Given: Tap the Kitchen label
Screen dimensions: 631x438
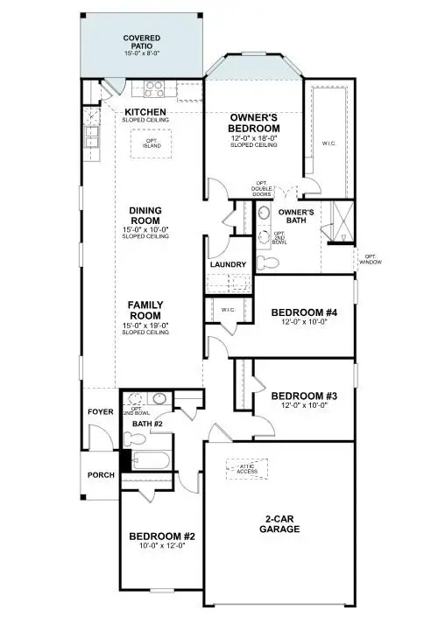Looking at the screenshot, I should [x=146, y=112].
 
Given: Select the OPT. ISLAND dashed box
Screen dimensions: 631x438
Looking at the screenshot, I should [x=145, y=144].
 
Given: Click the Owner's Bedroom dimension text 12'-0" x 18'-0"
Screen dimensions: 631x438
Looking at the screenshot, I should [x=253, y=137].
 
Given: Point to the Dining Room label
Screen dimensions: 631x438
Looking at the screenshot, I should [x=145, y=215].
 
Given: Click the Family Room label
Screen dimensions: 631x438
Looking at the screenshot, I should [x=145, y=310].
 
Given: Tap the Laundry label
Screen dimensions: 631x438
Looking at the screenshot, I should [x=228, y=264].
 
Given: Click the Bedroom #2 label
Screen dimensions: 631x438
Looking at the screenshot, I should [x=161, y=536].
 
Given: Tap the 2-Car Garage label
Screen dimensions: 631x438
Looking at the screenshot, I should [x=281, y=523].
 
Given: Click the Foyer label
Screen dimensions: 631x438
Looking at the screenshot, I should [x=99, y=411].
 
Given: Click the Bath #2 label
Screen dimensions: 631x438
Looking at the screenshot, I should [x=147, y=424].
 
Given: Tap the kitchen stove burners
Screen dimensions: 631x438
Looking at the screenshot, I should [x=154, y=88].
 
